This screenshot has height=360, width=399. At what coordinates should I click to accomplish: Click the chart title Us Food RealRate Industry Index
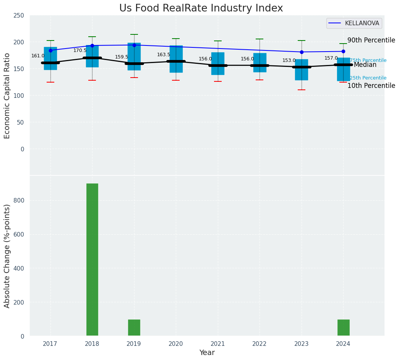pyautogui.click(x=201, y=8)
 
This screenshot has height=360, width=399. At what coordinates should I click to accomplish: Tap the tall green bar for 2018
pyautogui.click(x=92, y=260)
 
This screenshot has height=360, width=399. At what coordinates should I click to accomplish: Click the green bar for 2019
pyautogui.click(x=134, y=328)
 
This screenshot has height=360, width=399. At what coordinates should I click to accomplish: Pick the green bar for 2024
pyautogui.click(x=343, y=328)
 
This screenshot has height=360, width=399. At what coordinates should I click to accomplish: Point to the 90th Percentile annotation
pyautogui.click(x=371, y=41)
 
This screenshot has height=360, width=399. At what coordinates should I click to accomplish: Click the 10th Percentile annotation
pyautogui.click(x=371, y=86)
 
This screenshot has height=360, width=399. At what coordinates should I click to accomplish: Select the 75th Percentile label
pyautogui.click(x=368, y=60)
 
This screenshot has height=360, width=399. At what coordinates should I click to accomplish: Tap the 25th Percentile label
pyautogui.click(x=368, y=78)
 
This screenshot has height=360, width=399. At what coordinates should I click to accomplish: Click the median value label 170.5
pyautogui.click(x=80, y=50)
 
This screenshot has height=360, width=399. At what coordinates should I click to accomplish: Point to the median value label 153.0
pyautogui.click(x=289, y=60)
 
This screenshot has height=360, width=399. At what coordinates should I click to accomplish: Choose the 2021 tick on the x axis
pyautogui.click(x=218, y=344)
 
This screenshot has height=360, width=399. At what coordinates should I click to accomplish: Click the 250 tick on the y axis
pyautogui.click(x=19, y=16)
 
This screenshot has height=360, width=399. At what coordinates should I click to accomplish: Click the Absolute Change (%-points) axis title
pyautogui.click(x=7, y=256)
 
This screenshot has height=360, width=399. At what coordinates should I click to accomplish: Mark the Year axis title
pyautogui.click(x=207, y=353)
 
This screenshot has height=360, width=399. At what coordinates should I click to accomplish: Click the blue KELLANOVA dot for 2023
pyautogui.click(x=302, y=52)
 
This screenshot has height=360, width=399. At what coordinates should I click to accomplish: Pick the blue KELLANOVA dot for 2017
pyautogui.click(x=50, y=50)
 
